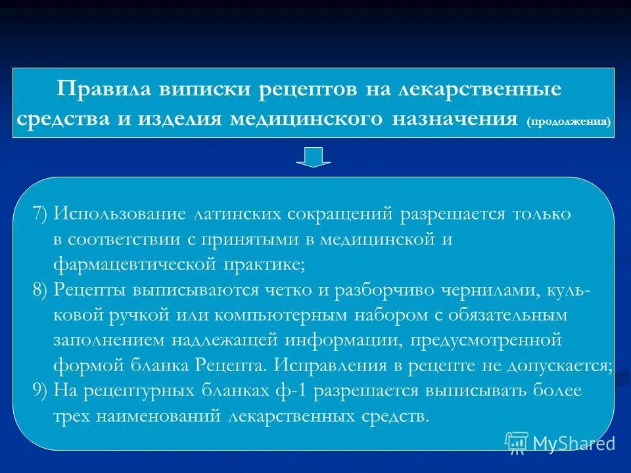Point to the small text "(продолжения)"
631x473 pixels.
568,122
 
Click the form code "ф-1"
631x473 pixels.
292,391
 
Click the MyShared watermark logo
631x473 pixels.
560,442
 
